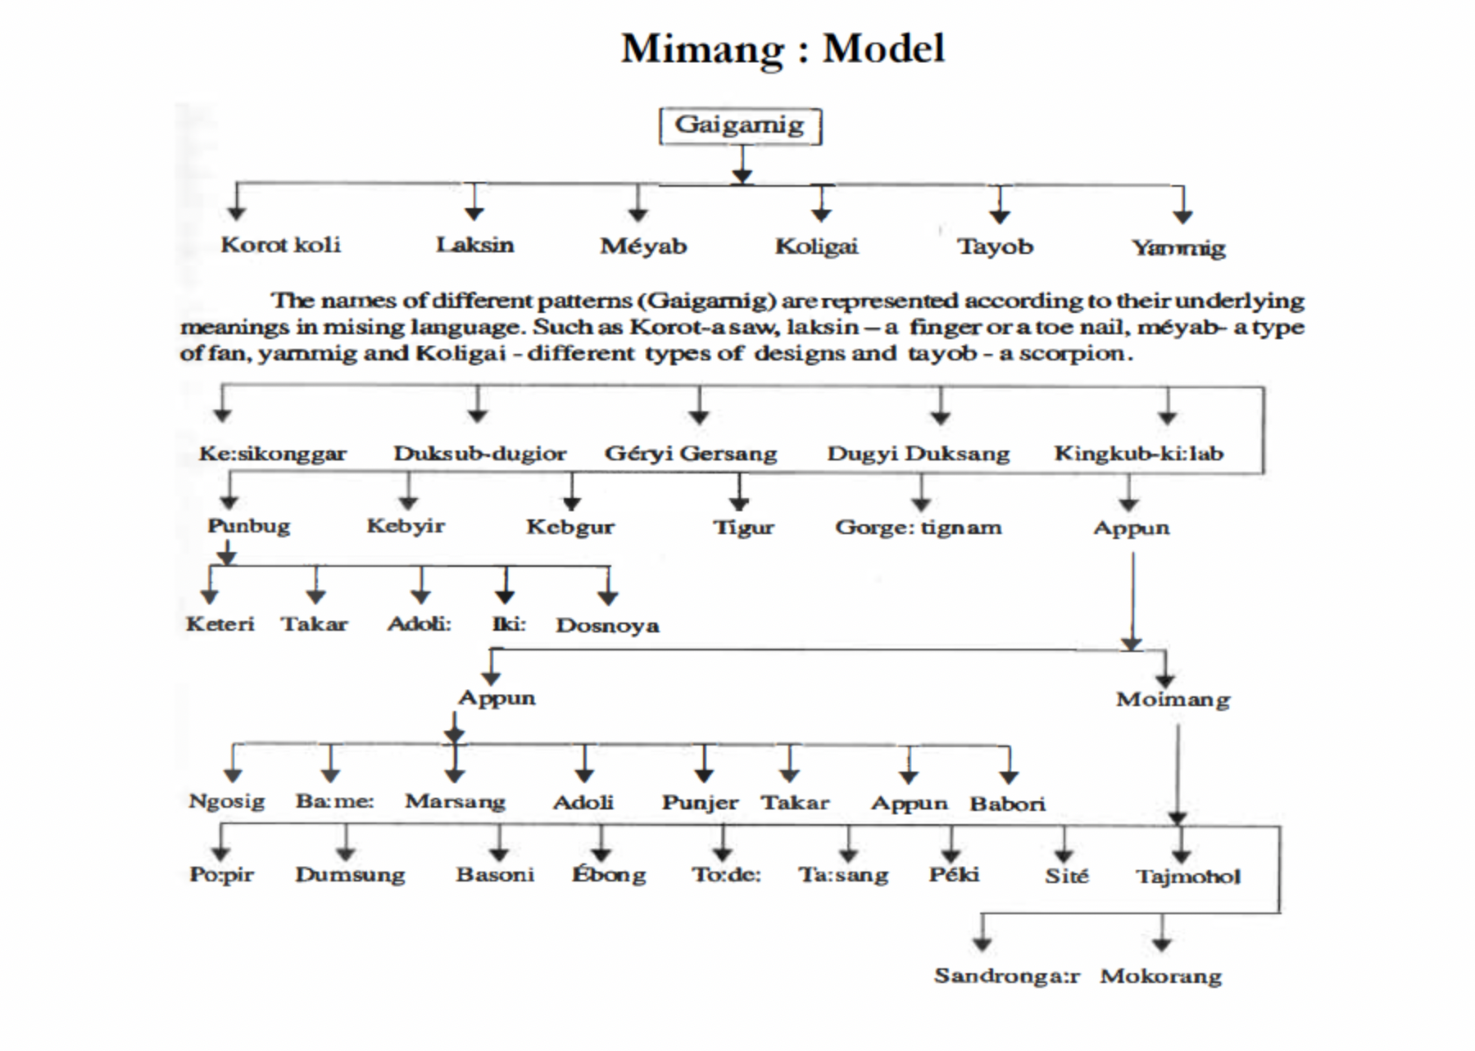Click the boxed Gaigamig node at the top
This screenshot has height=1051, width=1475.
coord(740,126)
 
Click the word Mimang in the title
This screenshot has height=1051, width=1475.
coord(702,49)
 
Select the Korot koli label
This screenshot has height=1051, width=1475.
coord(280,244)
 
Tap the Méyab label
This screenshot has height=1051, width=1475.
coord(643,245)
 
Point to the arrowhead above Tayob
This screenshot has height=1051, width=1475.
coord(999,215)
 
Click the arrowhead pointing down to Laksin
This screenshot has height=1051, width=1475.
coord(474,213)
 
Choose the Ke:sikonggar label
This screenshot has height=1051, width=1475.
coord(273,453)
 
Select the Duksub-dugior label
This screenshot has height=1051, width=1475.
coord(479,453)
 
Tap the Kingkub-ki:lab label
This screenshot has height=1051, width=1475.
coord(1138,453)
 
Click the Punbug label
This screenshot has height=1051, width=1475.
coord(248,525)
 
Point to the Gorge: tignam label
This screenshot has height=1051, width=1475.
coord(918,527)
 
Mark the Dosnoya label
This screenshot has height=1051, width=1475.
coord(607,625)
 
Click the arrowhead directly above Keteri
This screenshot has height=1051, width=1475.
coord(211,596)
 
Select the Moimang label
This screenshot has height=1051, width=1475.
coord(1173,700)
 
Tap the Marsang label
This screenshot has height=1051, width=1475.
coord(455,801)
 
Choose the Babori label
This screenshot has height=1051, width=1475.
coord(1007,804)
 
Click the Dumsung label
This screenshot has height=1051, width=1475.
coord(350,875)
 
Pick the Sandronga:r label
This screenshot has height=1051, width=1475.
coord(1007,976)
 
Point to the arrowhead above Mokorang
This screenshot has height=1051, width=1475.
coord(1162,944)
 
